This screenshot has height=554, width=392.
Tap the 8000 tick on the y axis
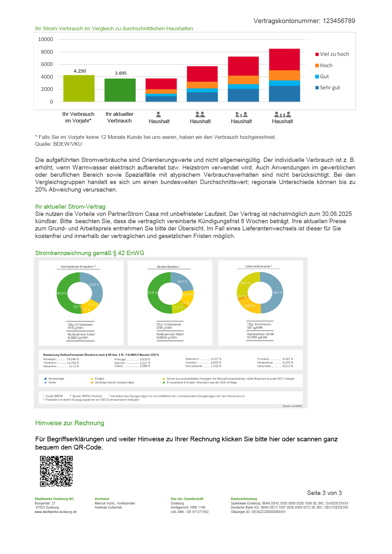coord(47,52)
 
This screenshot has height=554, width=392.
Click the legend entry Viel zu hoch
coord(334,54)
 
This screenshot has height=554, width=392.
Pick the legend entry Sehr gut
coord(330,88)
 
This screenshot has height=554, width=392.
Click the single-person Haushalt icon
coord(159,114)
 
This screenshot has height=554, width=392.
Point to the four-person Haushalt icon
coord(282,114)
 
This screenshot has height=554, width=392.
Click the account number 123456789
coord(339,21)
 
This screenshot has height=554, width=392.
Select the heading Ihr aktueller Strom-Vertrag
coord(70,207)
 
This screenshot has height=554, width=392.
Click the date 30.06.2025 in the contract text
coord(337,214)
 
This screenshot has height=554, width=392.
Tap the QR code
coord(56,471)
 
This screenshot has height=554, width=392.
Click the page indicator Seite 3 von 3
coord(324,493)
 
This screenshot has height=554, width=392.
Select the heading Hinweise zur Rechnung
coord(70,423)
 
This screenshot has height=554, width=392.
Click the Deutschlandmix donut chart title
coord(168,267)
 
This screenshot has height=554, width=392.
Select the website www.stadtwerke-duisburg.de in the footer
coord(56,512)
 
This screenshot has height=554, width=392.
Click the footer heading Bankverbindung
coord(244,499)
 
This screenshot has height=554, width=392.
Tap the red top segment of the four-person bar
coord(284,59)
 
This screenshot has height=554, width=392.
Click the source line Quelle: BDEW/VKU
coord(58,144)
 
